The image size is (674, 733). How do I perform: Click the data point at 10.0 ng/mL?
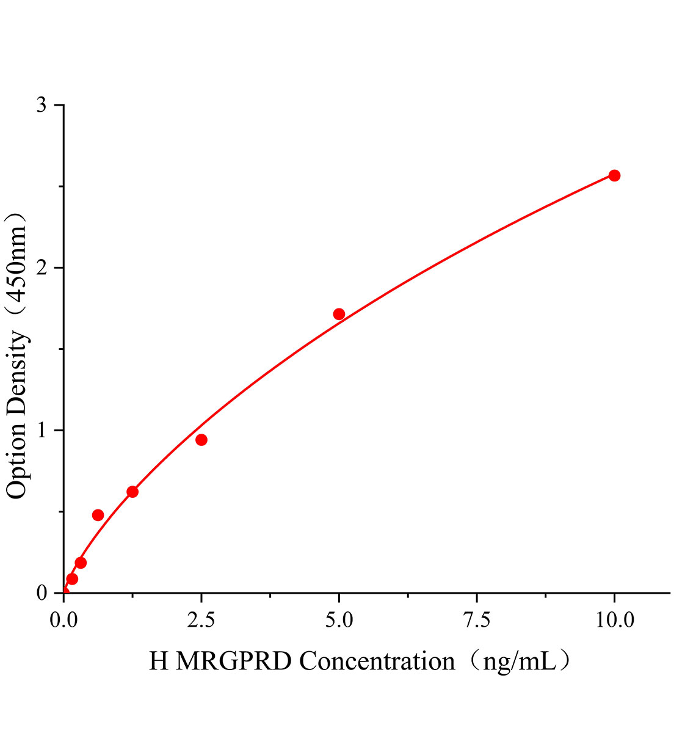click(614, 176)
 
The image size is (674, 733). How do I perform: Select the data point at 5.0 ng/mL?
click(339, 314)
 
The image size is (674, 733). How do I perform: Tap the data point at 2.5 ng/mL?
click(201, 440)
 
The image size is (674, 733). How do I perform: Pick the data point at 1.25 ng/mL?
click(132, 492)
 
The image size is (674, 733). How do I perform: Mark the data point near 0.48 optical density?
click(98, 515)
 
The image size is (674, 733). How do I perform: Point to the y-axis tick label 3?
click(42, 105)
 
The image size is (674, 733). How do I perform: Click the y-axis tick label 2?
click(42, 268)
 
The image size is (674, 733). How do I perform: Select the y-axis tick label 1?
click(42, 431)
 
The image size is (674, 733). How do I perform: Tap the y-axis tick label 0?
click(42, 593)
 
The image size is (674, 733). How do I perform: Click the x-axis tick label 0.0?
click(63, 621)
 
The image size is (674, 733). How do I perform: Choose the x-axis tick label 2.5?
click(201, 621)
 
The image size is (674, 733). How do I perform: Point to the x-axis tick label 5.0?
click(339, 621)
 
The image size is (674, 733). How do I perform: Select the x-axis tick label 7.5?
click(476, 621)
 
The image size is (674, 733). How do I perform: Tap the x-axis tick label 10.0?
click(614, 621)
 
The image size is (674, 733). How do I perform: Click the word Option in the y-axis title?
click(17, 462)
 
